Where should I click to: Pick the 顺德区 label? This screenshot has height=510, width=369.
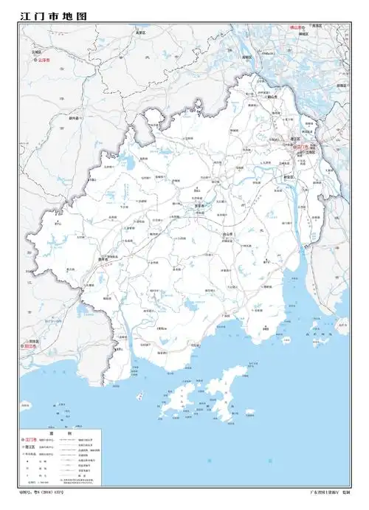click(341, 85)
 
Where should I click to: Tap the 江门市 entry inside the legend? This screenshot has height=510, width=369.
click(32, 441)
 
